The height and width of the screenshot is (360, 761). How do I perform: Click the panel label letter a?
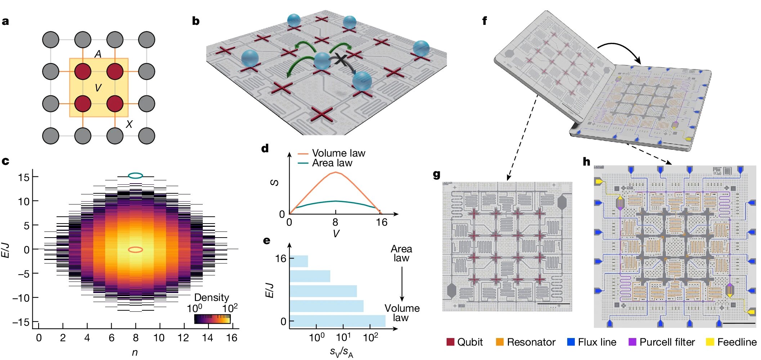[5, 21]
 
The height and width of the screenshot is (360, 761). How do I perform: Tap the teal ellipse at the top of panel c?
[136, 176]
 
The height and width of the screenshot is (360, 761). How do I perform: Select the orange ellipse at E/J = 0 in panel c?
[136, 249]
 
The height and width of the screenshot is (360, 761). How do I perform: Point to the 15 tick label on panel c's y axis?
[24, 177]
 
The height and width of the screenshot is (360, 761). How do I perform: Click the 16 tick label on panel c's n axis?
[232, 338]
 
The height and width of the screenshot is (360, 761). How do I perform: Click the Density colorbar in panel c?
[212, 319]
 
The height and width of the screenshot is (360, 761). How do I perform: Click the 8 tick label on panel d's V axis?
[335, 222]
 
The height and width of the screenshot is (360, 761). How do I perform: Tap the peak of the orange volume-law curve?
[336, 172]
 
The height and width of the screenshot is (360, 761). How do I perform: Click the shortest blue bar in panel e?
[299, 261]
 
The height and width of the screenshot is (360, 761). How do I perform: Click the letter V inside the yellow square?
[98, 88]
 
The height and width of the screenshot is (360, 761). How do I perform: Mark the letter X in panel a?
[129, 125]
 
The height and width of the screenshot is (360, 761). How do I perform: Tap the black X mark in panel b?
[340, 59]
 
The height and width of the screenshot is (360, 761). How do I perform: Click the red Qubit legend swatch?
[450, 342]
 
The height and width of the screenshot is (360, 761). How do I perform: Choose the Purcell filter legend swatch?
[632, 342]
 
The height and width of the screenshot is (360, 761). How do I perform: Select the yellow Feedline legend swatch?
[710, 342]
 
